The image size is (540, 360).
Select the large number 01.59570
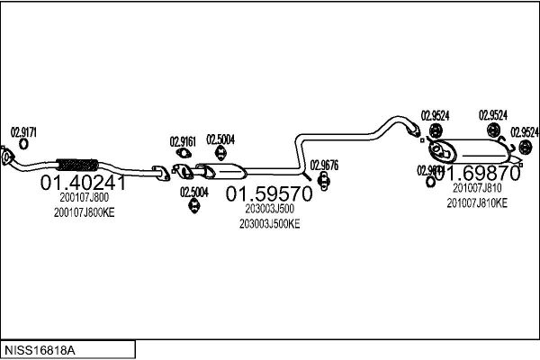(267, 193)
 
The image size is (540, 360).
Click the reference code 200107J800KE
(84, 212)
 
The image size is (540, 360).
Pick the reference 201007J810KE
(477, 202)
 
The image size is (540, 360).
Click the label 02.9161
(182, 140)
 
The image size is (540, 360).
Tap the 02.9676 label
(324, 165)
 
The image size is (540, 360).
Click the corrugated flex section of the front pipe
(77, 166)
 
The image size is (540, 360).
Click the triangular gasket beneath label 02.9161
(181, 154)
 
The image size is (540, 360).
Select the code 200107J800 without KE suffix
(84, 198)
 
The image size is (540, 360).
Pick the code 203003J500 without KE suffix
(267, 209)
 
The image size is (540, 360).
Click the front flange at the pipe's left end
(8, 161)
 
